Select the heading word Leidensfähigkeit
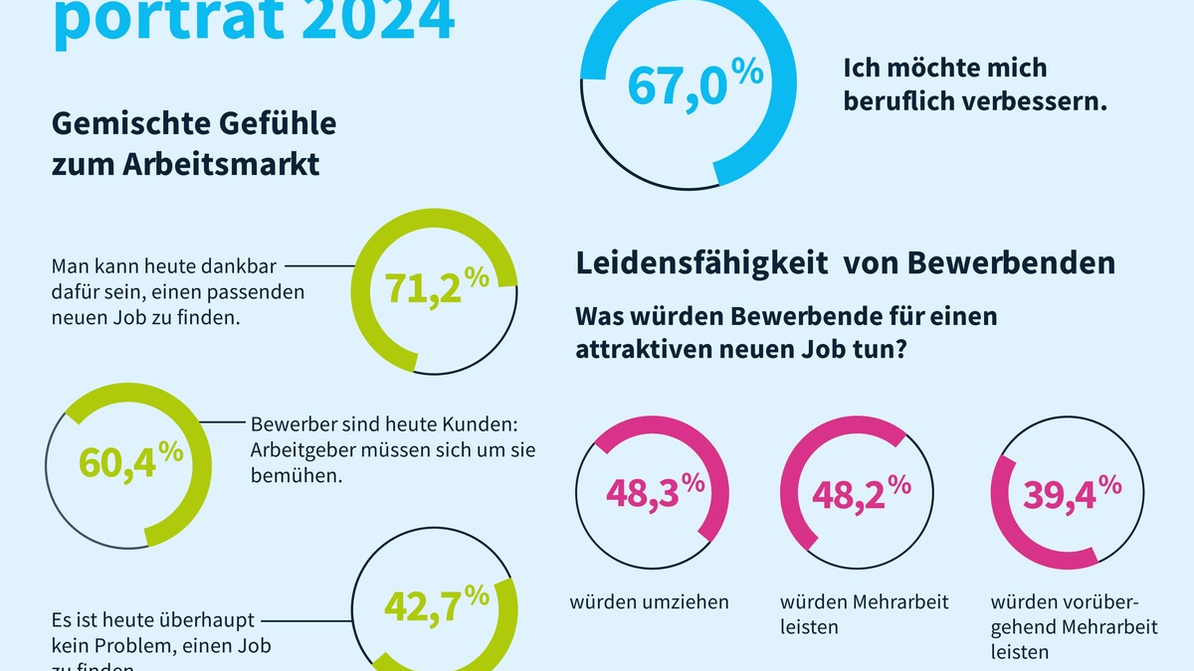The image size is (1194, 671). click(702, 263)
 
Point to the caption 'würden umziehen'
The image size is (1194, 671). click(649, 601)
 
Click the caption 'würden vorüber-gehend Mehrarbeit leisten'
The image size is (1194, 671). click(1065, 626)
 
